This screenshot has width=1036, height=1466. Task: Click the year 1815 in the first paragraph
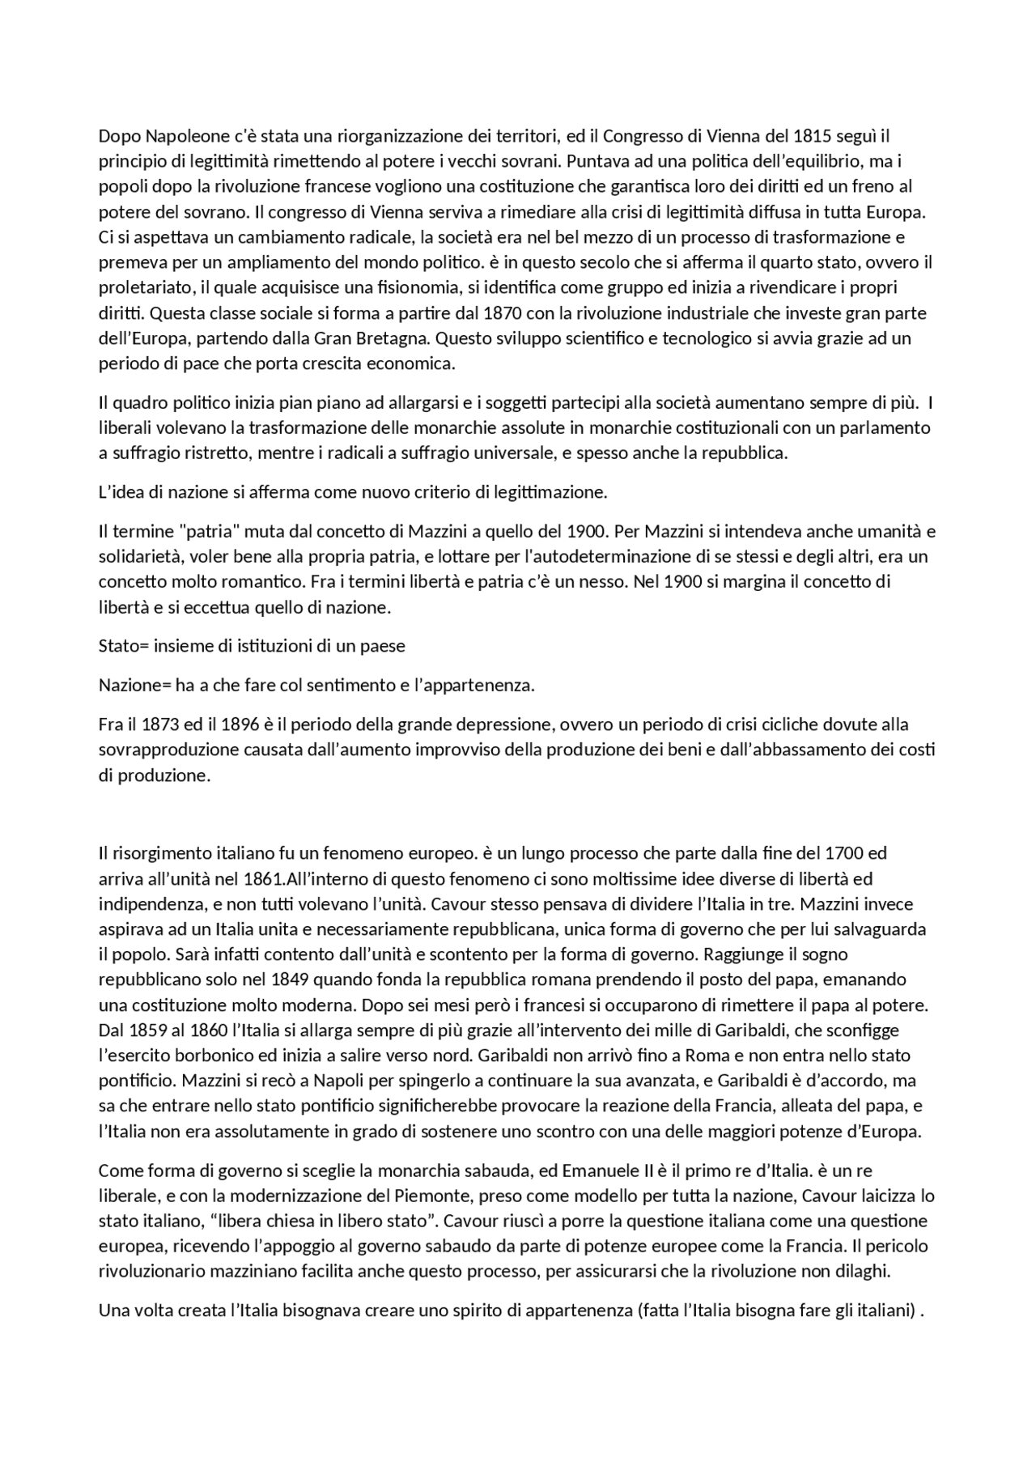click(x=813, y=136)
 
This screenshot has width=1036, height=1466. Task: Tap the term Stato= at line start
click(x=124, y=646)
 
